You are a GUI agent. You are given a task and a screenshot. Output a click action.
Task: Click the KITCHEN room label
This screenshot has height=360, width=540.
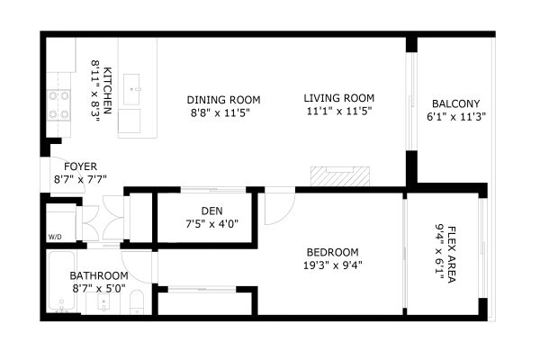(107, 91)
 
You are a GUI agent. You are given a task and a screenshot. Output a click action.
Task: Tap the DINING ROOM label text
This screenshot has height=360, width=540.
(223, 100)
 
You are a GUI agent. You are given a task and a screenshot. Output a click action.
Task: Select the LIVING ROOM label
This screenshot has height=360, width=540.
(339, 98)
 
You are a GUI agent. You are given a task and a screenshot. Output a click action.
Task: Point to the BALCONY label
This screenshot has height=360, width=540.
(456, 103)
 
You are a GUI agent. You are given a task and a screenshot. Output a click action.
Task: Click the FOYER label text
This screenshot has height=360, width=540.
(81, 166)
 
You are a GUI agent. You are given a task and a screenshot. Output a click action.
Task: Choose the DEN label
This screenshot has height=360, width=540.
(212, 211)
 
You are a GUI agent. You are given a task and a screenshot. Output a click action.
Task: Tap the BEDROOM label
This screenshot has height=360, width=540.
(333, 253)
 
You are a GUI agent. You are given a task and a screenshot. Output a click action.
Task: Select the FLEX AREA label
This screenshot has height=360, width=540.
(452, 255)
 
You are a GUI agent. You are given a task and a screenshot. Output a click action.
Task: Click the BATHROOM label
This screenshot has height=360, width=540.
(99, 275)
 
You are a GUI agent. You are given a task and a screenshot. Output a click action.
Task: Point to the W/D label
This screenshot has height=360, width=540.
(55, 237)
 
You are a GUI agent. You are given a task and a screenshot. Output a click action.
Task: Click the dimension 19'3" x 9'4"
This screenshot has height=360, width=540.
(333, 265)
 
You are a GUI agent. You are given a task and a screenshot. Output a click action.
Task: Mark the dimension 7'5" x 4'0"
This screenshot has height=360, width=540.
(212, 224)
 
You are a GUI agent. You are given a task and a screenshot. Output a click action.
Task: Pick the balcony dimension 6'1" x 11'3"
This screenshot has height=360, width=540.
(456, 117)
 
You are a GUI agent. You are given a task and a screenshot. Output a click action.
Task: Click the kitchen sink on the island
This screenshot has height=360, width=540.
(131, 89)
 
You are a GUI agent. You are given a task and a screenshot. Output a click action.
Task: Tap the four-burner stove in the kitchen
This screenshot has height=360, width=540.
(58, 104)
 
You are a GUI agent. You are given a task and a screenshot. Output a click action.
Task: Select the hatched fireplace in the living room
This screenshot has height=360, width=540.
(340, 176)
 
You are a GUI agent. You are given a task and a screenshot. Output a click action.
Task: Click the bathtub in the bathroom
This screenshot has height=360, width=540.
(61, 281)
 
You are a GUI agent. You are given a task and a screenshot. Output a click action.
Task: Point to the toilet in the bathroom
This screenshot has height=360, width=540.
(137, 302)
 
